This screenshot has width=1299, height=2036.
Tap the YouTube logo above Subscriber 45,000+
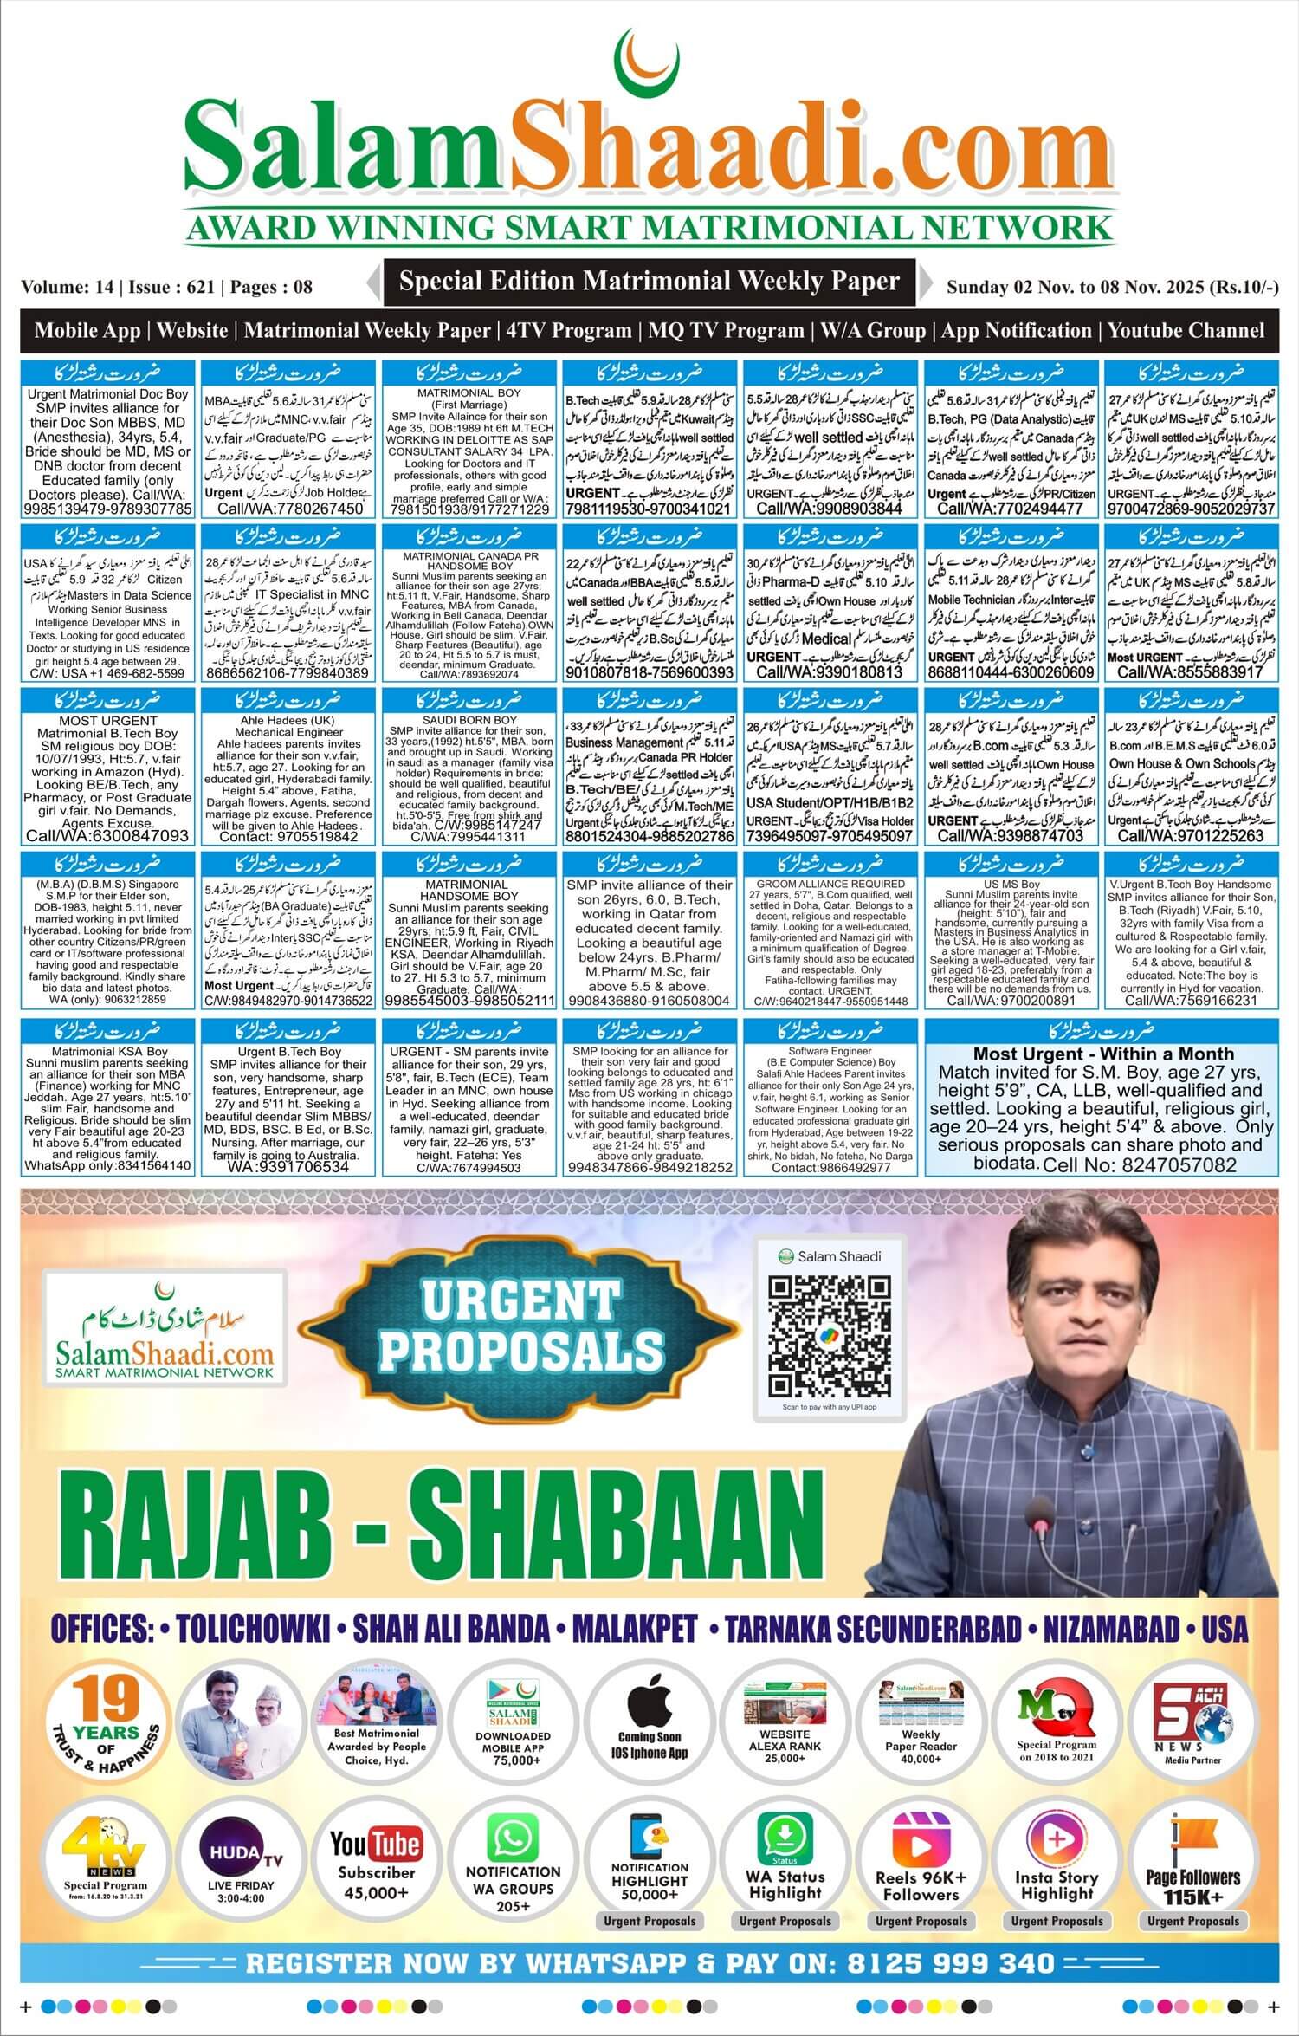click(376, 1845)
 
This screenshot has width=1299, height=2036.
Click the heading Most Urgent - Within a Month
click(1103, 1054)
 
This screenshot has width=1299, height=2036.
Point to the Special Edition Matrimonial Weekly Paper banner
click(649, 282)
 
